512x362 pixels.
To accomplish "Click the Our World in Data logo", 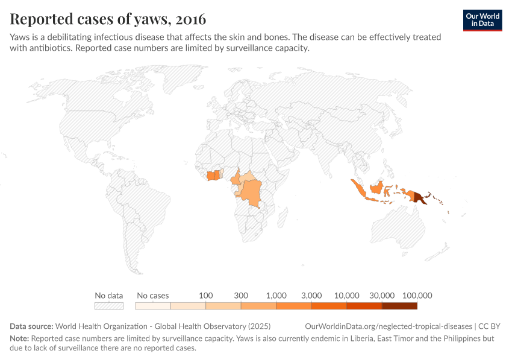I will click(x=482, y=20).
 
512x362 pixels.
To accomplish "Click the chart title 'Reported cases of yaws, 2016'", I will click(x=108, y=19).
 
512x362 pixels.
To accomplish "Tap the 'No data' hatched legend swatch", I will click(x=109, y=306).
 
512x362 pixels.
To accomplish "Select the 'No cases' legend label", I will click(x=153, y=296).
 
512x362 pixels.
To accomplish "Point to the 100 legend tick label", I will click(x=206, y=296).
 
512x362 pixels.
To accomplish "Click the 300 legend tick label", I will click(x=241, y=296).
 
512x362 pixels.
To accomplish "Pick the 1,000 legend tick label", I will click(x=276, y=296).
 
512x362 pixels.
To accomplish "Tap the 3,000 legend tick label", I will click(x=311, y=296).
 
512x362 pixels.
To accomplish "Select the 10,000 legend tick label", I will click(x=347, y=296).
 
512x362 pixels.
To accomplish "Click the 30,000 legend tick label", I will click(x=382, y=296).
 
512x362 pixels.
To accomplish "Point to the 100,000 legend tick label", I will click(x=417, y=296).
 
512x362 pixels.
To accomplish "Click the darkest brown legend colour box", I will click(x=399, y=306).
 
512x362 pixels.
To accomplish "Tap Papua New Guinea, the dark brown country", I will click(x=419, y=197).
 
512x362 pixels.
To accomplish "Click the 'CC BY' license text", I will click(x=490, y=326).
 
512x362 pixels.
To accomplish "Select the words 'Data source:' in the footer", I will click(x=31, y=326).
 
